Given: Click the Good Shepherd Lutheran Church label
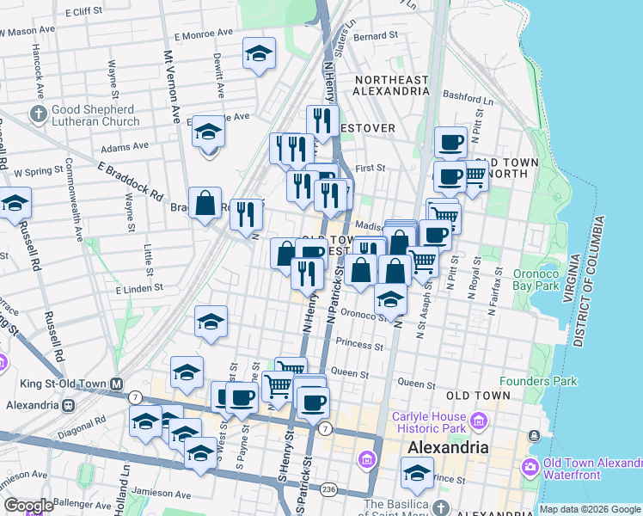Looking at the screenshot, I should tap(93, 115).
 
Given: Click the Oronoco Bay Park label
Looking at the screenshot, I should tap(536, 279).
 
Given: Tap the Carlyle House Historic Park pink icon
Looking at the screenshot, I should tap(480, 421).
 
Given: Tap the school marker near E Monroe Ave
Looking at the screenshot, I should tap(259, 54).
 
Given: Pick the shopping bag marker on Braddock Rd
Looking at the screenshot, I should tap(205, 204).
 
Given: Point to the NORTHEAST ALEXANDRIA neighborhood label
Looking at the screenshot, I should tap(391, 87).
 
